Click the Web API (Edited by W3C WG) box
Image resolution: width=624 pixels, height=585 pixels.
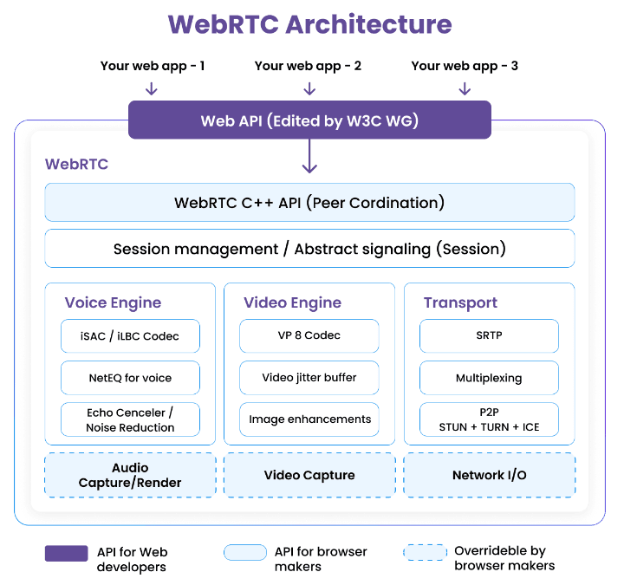pos(309,120)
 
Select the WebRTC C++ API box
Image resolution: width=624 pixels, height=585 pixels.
pos(309,203)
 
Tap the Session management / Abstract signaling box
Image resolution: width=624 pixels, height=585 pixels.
pos(309,249)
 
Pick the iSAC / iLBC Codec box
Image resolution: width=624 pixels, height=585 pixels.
pos(130,335)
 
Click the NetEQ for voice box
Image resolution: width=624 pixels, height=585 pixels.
pos(130,378)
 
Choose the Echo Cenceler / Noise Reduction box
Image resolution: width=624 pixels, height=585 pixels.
pos(130,419)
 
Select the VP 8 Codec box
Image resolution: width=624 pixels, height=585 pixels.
pos(309,335)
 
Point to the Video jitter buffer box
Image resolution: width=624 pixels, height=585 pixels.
pos(309,378)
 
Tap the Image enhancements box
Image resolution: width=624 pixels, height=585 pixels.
pos(309,419)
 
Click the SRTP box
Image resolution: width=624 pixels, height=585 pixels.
pos(489,335)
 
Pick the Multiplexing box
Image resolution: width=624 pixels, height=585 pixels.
pos(489,378)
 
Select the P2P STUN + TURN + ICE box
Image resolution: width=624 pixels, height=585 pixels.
pos(489,419)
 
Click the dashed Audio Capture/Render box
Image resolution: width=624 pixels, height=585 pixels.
pos(130,475)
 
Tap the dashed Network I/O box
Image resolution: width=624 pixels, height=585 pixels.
pos(489,475)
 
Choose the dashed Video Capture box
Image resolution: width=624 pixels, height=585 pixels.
pos(309,475)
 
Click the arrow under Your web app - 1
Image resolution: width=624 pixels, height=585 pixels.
pos(152,88)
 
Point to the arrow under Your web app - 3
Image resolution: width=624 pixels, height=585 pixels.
pos(465,88)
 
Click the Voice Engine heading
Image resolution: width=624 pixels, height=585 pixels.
pos(113,302)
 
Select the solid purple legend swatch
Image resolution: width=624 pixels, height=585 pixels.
pos(66,553)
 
